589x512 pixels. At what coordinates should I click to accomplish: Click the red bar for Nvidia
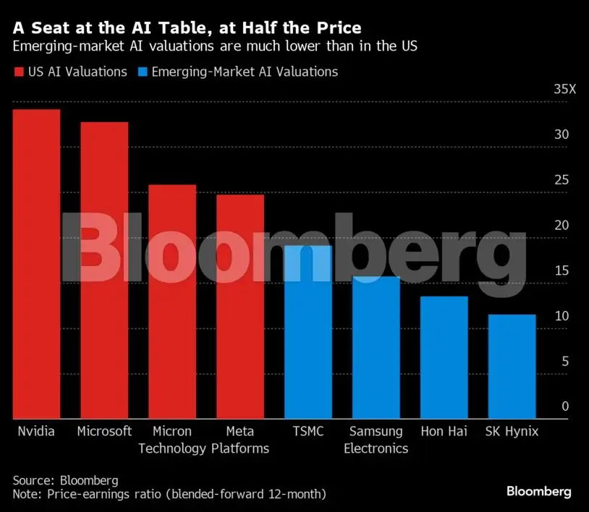click(36, 264)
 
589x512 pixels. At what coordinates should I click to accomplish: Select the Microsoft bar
click(104, 270)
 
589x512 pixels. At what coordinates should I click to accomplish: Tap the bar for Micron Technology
click(172, 302)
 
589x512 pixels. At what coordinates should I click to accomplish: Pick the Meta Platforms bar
click(240, 307)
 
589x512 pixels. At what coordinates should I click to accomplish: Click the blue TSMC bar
click(308, 332)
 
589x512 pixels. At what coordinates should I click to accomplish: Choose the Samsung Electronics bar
click(376, 347)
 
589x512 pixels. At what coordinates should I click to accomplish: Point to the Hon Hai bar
click(444, 357)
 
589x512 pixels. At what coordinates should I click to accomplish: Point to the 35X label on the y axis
click(564, 90)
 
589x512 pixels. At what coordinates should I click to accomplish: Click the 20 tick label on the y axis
click(562, 226)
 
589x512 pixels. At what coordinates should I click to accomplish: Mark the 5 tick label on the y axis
click(565, 362)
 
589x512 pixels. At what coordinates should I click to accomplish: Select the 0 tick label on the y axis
click(565, 406)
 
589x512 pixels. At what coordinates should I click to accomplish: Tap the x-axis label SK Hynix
click(512, 431)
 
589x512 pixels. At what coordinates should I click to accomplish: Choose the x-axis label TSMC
click(308, 431)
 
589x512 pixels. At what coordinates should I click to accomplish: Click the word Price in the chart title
click(336, 28)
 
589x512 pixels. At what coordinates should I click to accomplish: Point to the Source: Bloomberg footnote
click(65, 480)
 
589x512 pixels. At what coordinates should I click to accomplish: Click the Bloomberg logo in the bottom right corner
click(538, 492)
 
